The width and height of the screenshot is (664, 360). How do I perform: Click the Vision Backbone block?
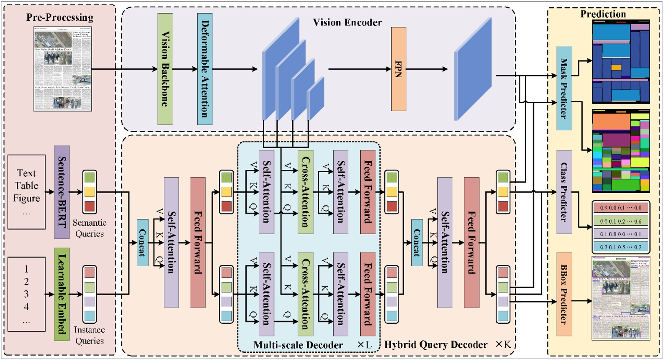pyautogui.click(x=165, y=69)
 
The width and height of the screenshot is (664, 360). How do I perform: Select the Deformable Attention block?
pyautogui.click(x=205, y=69)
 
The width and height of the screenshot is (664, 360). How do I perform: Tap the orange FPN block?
pyautogui.click(x=399, y=69)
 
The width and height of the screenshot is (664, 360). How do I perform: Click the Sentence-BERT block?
pyautogui.click(x=62, y=192)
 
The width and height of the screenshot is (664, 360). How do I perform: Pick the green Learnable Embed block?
pyautogui.click(x=62, y=294)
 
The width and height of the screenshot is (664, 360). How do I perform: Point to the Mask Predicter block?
pyautogui.click(x=564, y=88)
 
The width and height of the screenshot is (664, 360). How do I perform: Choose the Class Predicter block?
pyautogui.click(x=564, y=192)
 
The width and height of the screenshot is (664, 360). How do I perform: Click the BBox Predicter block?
pyautogui.click(x=564, y=294)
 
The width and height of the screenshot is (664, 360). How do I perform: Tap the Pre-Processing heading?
pyautogui.click(x=60, y=18)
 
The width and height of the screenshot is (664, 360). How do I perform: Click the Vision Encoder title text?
pyautogui.click(x=347, y=23)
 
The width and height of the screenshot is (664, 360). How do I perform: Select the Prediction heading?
pyautogui.click(x=603, y=14)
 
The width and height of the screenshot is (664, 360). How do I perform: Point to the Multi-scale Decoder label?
pyautogui.click(x=298, y=345)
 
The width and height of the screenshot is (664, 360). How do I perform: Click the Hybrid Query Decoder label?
pyautogui.click(x=436, y=345)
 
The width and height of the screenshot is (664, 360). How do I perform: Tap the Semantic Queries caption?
pyautogui.click(x=90, y=228)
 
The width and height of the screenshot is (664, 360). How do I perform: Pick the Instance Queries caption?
pyautogui.click(x=89, y=335)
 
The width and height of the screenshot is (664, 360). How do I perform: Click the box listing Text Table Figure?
pyautogui.click(x=26, y=192)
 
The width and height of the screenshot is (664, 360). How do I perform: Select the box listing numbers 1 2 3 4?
pyautogui.click(x=26, y=294)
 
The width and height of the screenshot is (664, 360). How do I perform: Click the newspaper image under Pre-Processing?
pyautogui.click(x=63, y=69)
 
